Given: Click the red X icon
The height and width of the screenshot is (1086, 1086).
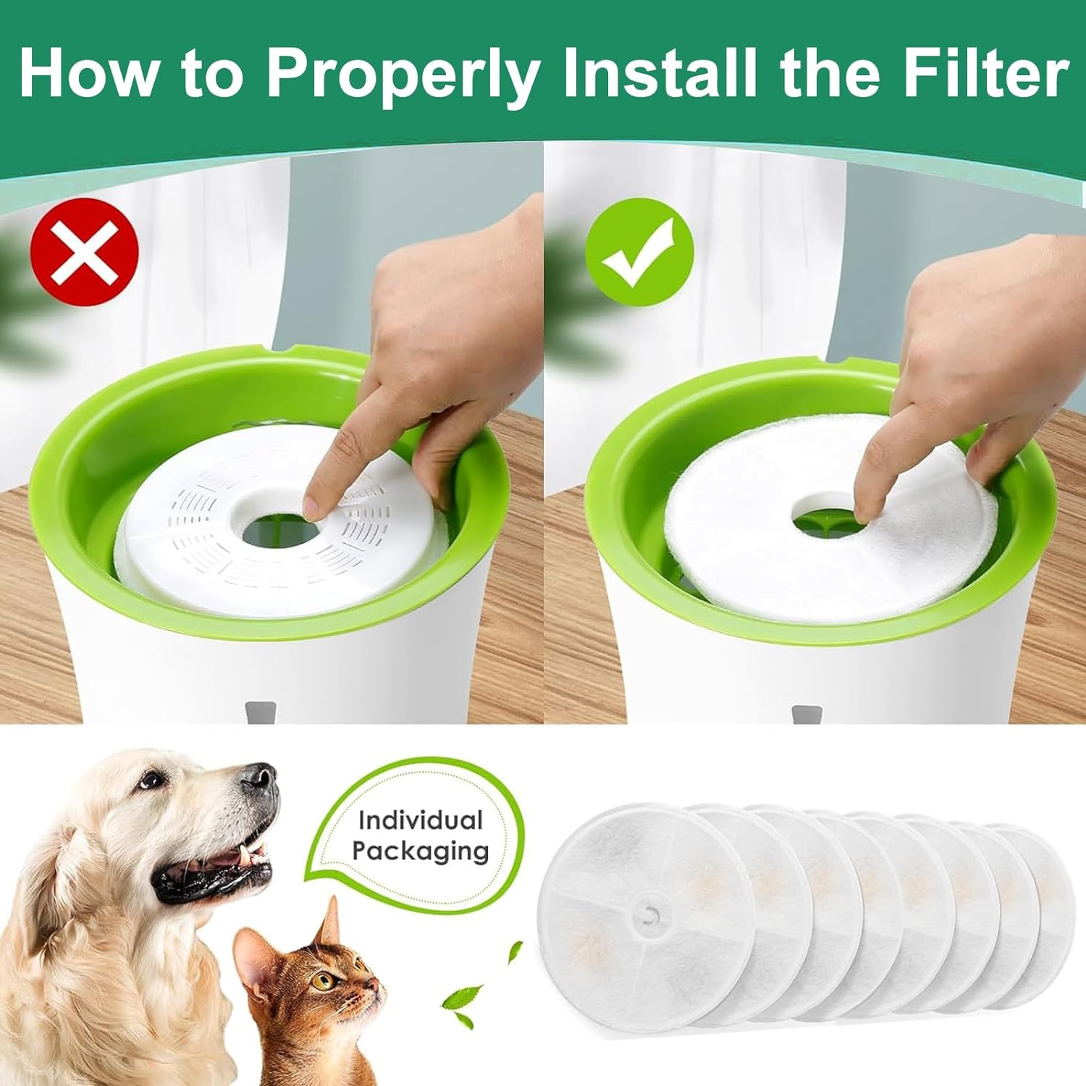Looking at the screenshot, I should coord(84,252).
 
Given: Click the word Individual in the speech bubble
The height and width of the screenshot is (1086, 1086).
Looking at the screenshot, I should coord(420,820).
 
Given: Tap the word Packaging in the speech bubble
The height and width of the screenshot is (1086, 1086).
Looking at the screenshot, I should coord(420,851).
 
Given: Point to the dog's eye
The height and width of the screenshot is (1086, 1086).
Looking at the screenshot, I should coord(151,780).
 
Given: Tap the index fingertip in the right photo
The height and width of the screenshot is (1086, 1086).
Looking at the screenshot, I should coord(862,511).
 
